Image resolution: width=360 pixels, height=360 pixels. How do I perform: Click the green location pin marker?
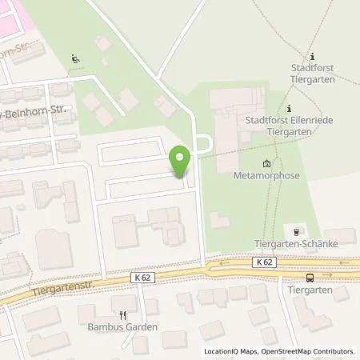[181, 162]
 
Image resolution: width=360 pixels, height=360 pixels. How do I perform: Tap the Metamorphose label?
[261, 174]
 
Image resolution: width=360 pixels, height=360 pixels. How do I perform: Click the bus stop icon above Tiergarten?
[309, 278]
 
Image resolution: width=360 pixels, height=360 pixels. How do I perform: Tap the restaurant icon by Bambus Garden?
[122, 315]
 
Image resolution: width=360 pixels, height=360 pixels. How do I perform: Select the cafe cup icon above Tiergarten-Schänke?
[297, 230]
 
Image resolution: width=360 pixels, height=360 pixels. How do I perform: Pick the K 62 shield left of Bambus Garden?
[142, 276]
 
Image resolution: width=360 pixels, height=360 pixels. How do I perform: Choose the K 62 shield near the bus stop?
[265, 262]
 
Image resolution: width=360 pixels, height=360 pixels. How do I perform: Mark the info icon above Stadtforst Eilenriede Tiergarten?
[289, 108]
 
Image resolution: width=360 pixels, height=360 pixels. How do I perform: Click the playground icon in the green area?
[74, 58]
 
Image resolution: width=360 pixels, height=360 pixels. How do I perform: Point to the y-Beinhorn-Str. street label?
[36, 107]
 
